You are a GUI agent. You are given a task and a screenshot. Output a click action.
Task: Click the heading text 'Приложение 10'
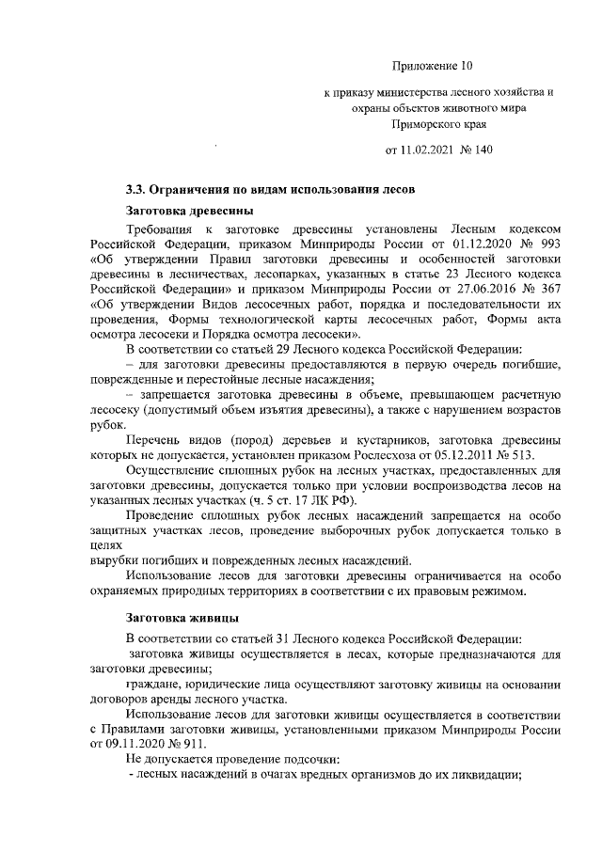point(431,66)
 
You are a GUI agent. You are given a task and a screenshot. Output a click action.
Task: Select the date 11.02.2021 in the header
point(420,150)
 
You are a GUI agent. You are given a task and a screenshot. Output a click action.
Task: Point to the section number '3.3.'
point(138,188)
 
